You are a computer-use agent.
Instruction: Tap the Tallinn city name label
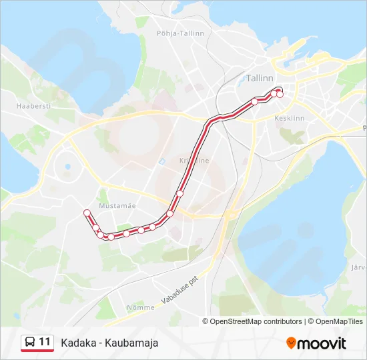pyautogui.click(x=260, y=78)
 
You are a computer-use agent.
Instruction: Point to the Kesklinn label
pyautogui.click(x=289, y=118)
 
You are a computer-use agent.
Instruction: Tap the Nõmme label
pyautogui.click(x=140, y=307)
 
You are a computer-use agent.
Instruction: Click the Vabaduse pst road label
pyautogui.click(x=181, y=289)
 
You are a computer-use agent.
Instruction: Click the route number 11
pyautogui.click(x=45, y=342)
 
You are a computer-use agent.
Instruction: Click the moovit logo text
pyautogui.click(x=321, y=343)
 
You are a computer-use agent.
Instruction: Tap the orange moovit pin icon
pyautogui.click(x=291, y=343)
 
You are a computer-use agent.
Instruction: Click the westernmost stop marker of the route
pyautogui.click(x=86, y=213)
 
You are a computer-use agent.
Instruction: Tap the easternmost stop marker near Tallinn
pyautogui.click(x=280, y=94)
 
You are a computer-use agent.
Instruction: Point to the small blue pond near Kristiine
pyautogui.click(x=161, y=161)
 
